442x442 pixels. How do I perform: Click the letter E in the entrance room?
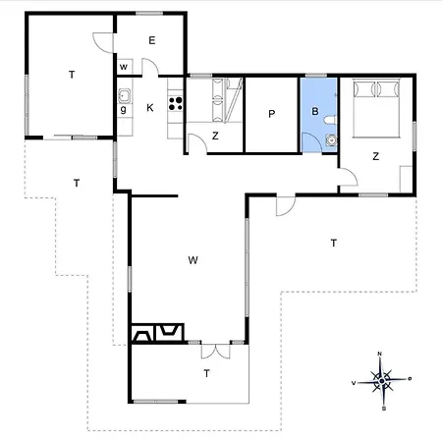[152, 40]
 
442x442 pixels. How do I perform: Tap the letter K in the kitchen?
[150, 107]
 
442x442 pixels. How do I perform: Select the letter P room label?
[271, 114]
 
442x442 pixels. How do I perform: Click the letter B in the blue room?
[315, 112]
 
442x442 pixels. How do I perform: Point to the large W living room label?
[193, 260]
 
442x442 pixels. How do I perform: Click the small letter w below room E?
[125, 67]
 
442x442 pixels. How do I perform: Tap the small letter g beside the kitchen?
[124, 110]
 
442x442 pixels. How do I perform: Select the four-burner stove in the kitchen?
[176, 100]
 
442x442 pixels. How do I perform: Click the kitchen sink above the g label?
[125, 95]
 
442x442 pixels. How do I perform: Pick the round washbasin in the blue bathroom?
[331, 139]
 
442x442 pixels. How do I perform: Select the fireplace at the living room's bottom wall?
[157, 331]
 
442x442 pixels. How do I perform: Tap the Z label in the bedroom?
[375, 156]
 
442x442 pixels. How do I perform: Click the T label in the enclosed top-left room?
[72, 75]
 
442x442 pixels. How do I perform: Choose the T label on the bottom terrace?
[206, 373]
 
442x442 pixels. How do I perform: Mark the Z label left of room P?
[214, 137]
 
